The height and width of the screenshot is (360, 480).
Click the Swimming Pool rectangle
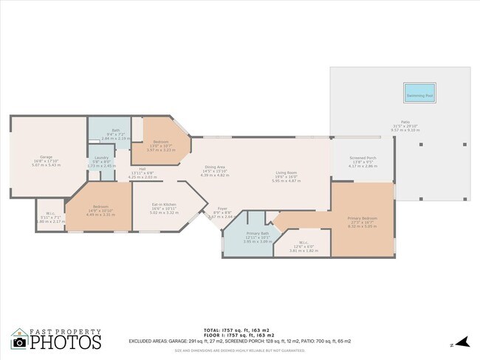tap(419, 93)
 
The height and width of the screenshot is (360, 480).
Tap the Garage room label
tap(46, 157)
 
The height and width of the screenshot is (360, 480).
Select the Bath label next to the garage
tap(116, 130)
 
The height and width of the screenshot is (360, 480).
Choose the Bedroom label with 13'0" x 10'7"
tap(161, 142)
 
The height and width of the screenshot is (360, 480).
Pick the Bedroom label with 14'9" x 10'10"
tap(100, 207)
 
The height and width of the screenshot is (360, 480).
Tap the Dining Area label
tap(215, 167)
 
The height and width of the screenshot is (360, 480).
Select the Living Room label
tap(286, 173)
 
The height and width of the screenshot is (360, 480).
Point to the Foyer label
tap(222, 209)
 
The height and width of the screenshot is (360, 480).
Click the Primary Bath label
tap(258, 233)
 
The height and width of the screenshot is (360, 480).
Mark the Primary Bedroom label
tap(362, 218)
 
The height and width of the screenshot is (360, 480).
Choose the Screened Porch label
tap(363, 159)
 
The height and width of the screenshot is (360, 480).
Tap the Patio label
tap(405, 122)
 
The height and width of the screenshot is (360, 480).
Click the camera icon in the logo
tap(20, 342)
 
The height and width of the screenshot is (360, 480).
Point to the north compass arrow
tap(462, 342)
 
